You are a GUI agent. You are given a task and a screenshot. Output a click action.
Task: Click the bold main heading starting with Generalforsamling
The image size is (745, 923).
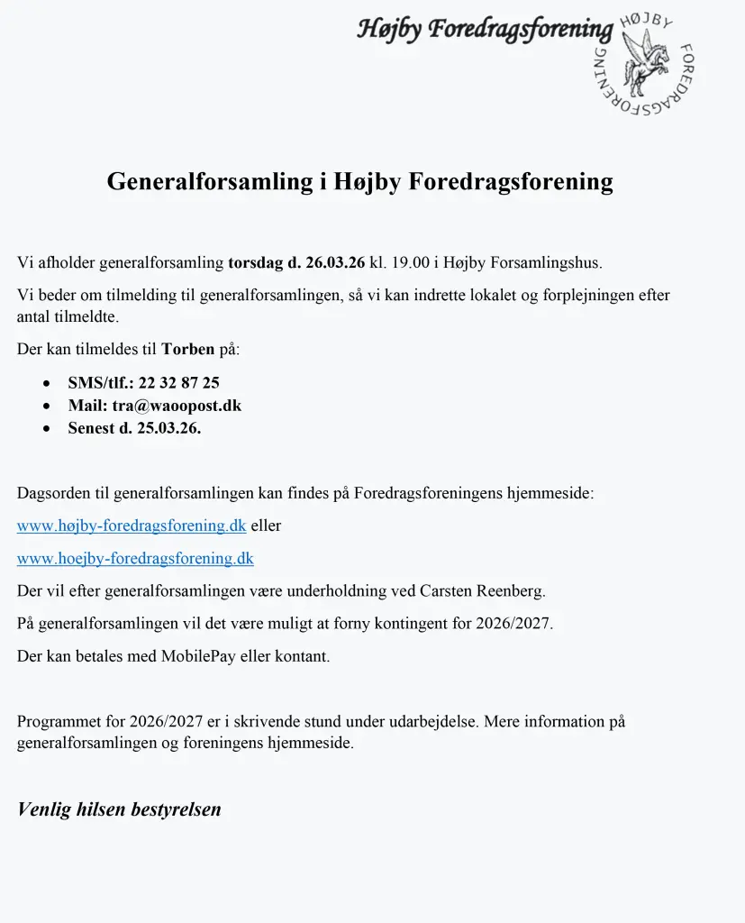(x=359, y=181)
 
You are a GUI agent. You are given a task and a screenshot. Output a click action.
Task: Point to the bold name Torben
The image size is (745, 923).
(x=188, y=348)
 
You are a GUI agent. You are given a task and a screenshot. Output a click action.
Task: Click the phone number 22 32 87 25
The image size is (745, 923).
(x=178, y=382)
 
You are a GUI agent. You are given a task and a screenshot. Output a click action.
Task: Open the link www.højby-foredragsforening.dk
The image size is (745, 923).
(x=132, y=525)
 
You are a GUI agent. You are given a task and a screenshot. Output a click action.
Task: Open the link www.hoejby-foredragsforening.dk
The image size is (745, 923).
(x=135, y=559)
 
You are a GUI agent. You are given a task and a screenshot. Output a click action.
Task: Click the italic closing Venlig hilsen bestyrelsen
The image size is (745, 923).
(x=119, y=809)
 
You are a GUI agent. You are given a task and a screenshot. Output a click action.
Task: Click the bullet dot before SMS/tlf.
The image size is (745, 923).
(x=47, y=383)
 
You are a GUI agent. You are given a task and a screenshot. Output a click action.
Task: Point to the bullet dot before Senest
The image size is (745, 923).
(x=47, y=429)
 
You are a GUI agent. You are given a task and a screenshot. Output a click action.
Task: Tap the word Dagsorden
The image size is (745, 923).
(x=53, y=493)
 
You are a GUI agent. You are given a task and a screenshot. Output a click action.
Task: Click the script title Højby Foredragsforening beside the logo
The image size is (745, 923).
(x=485, y=29)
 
